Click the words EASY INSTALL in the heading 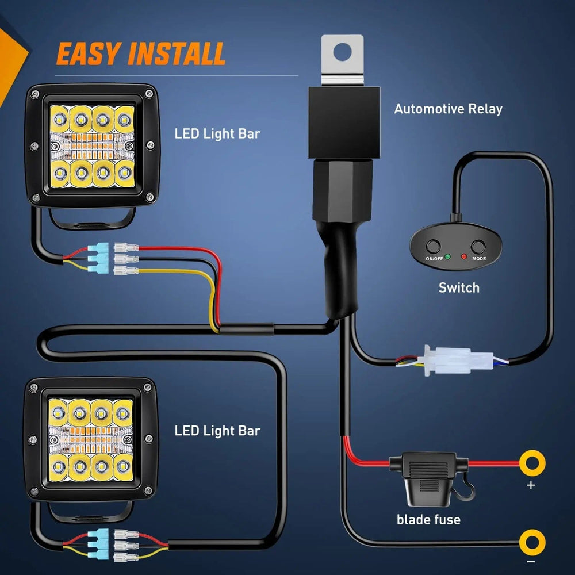click(x=140, y=54)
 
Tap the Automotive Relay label click(x=448, y=109)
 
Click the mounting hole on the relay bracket click(x=343, y=50)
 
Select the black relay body click(x=344, y=122)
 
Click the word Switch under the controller click(x=459, y=287)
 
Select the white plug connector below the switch click(x=454, y=361)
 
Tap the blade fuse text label click(x=428, y=520)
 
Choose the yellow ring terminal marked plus click(x=532, y=462)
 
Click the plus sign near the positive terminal click(x=530, y=486)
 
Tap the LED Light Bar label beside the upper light click(x=217, y=134)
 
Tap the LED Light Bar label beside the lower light click(x=217, y=431)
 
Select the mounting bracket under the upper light click(x=92, y=220)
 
